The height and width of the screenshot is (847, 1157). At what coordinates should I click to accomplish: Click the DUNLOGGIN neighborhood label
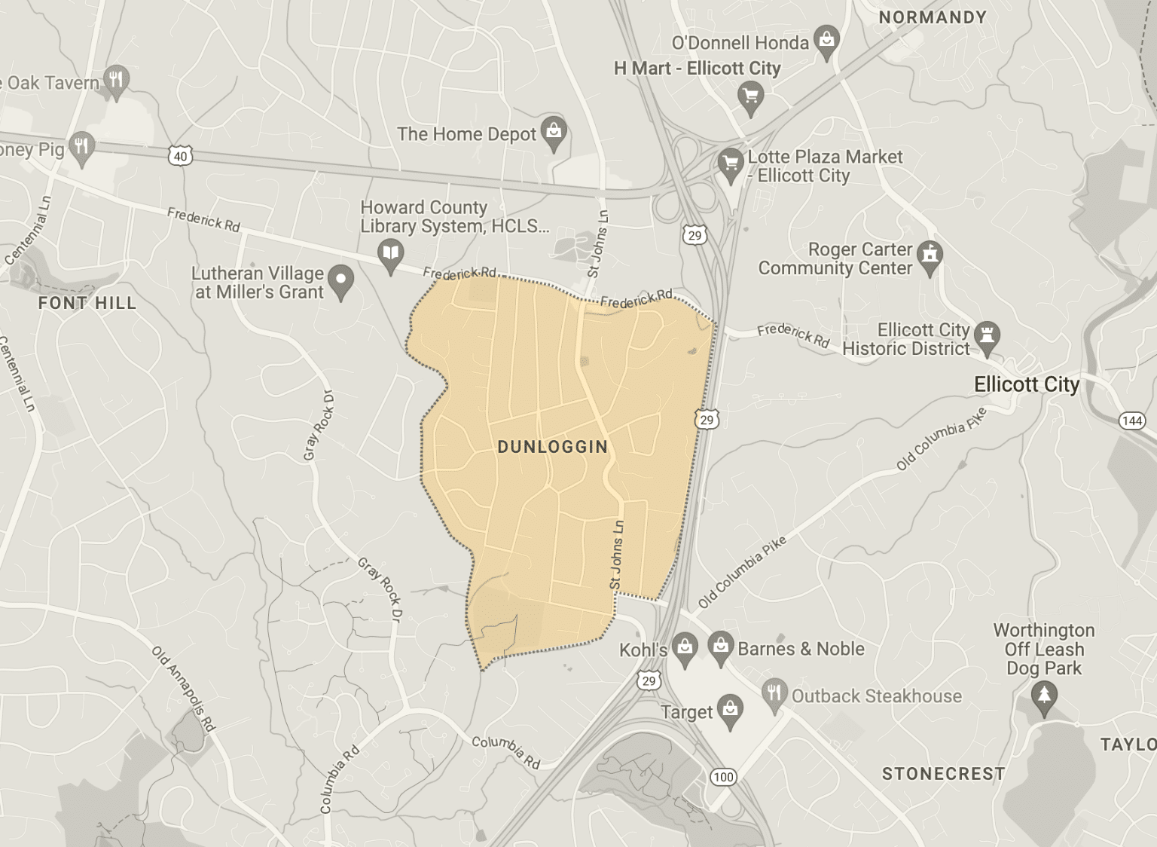tap(552, 447)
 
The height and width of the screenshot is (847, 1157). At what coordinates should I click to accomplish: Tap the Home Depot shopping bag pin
tap(554, 133)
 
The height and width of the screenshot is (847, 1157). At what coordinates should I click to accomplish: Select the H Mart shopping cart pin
tap(750, 96)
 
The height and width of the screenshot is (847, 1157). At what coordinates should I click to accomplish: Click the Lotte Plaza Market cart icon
tap(730, 163)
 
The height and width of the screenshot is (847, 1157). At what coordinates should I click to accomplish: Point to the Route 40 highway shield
tap(180, 157)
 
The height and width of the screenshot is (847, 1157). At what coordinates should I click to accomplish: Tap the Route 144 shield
tap(1132, 420)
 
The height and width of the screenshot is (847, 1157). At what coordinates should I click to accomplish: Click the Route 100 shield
tap(723, 777)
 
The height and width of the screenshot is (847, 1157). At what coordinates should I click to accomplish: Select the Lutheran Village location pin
tap(342, 281)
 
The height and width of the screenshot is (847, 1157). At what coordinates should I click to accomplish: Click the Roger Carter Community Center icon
tap(931, 255)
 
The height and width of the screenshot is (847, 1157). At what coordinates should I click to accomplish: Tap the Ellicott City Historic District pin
tap(988, 336)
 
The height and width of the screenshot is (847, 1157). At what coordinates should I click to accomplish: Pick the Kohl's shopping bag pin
tap(685, 648)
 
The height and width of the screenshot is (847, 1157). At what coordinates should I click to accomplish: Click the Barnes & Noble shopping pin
tap(721, 647)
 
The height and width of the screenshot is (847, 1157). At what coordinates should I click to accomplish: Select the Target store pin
tap(729, 710)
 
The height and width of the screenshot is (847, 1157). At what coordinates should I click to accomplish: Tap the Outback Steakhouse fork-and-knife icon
tap(774, 693)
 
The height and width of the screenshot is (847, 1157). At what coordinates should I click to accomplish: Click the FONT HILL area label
tap(87, 303)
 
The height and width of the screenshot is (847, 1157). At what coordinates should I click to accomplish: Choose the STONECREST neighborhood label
tap(943, 774)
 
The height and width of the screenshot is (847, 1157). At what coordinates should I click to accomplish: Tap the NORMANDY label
tap(933, 17)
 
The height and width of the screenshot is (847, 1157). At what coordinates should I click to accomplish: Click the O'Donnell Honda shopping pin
tap(826, 41)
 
